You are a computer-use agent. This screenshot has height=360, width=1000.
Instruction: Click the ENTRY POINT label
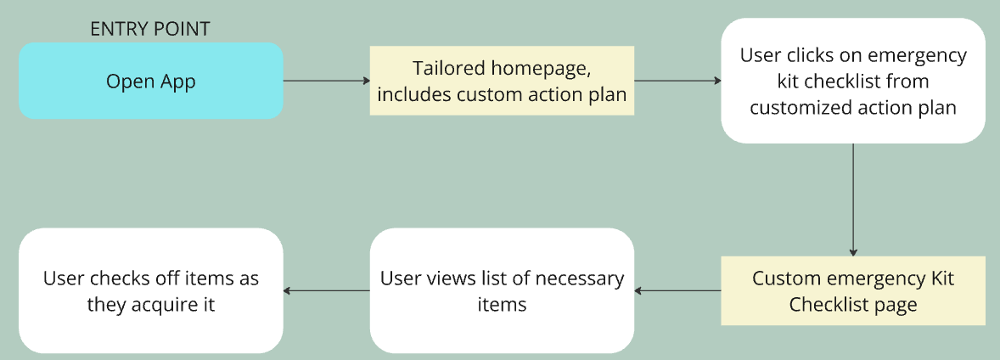[x=149, y=29]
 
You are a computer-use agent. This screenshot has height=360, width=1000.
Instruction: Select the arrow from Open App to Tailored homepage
[x=326, y=81]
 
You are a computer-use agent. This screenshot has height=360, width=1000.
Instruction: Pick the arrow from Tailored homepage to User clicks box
[x=677, y=81]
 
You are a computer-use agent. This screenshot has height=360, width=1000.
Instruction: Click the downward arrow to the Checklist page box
[x=853, y=199]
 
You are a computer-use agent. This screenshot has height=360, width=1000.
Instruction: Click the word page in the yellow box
[x=898, y=305]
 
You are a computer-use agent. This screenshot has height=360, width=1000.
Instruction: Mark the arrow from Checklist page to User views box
[x=677, y=291]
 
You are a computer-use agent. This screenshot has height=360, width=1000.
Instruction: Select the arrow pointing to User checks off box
[x=326, y=291]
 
